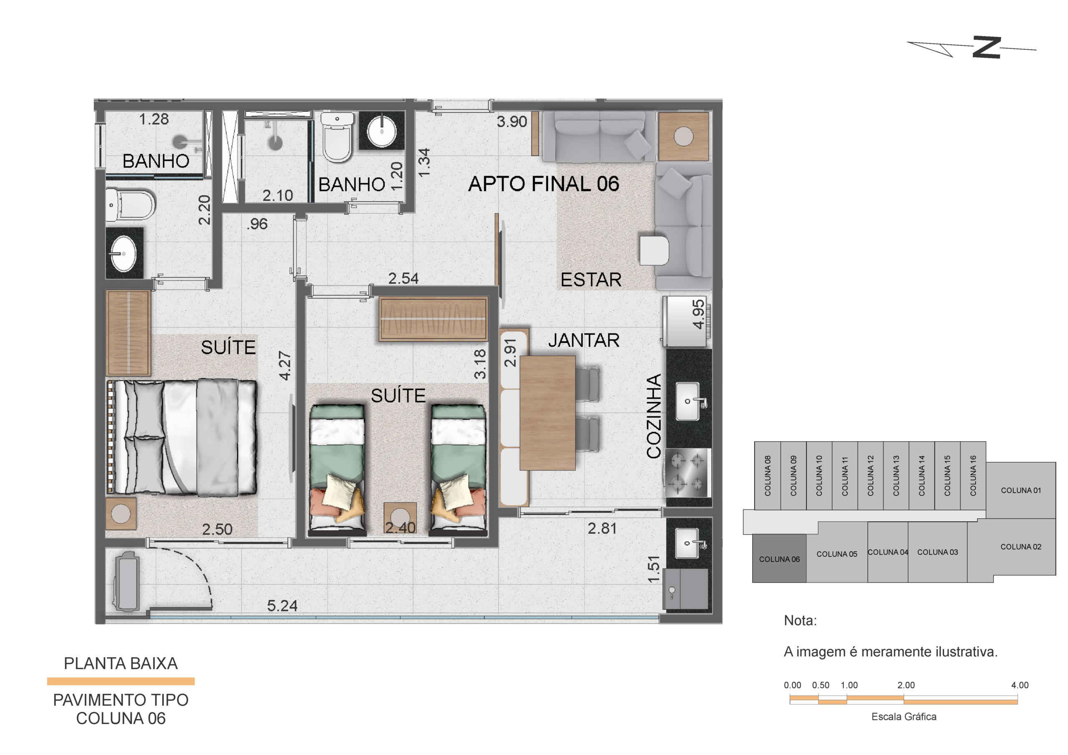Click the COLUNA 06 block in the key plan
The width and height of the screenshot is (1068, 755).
(x=779, y=558)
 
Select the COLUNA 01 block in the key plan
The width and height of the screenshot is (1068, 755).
(x=1020, y=490)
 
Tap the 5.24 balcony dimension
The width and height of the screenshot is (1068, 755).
(x=282, y=606)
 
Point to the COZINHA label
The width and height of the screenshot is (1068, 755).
(x=654, y=416)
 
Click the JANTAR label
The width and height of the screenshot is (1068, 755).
(x=584, y=340)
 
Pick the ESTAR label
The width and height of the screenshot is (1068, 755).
(x=591, y=280)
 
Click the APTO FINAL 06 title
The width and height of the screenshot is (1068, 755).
(x=544, y=184)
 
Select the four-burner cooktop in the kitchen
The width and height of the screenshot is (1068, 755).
(x=687, y=472)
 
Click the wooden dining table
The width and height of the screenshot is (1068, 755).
(x=547, y=413)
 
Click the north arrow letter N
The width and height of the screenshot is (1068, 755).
(x=987, y=47)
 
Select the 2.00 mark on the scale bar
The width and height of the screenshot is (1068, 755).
(x=906, y=685)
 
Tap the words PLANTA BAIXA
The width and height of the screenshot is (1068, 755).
(x=121, y=663)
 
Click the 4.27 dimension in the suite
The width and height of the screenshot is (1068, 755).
(x=285, y=366)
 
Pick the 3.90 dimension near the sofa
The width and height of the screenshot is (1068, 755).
(x=511, y=121)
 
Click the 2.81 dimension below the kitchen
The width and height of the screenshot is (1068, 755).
(x=602, y=528)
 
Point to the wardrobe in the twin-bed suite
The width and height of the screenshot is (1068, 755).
(x=433, y=319)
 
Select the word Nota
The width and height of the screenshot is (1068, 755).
(x=800, y=621)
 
